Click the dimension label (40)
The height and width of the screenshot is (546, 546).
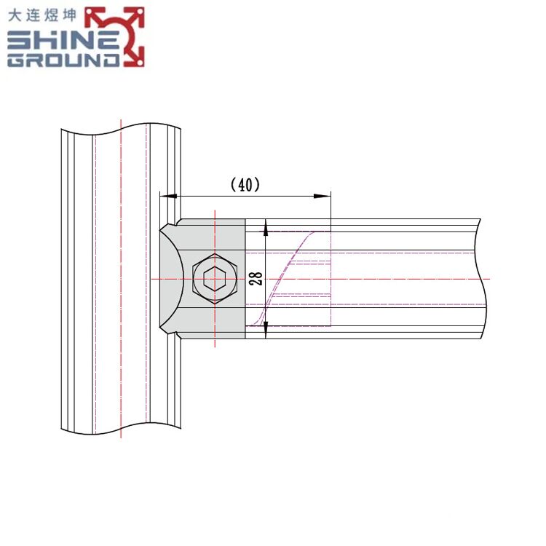pyautogui.click(x=245, y=185)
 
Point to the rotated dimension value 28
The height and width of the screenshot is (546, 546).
pyautogui.click(x=256, y=279)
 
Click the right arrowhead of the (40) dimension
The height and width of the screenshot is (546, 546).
pyautogui.click(x=324, y=196)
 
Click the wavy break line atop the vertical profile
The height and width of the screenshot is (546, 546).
pyautogui.click(x=120, y=129)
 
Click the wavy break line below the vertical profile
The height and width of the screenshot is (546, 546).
pyautogui.click(x=120, y=428)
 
